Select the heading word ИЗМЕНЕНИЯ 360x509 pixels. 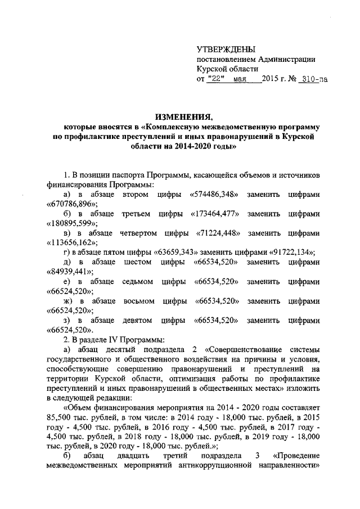[x=181, y=118]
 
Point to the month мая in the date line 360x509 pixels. [x=240, y=79]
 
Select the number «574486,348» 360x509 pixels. [x=218, y=194]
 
